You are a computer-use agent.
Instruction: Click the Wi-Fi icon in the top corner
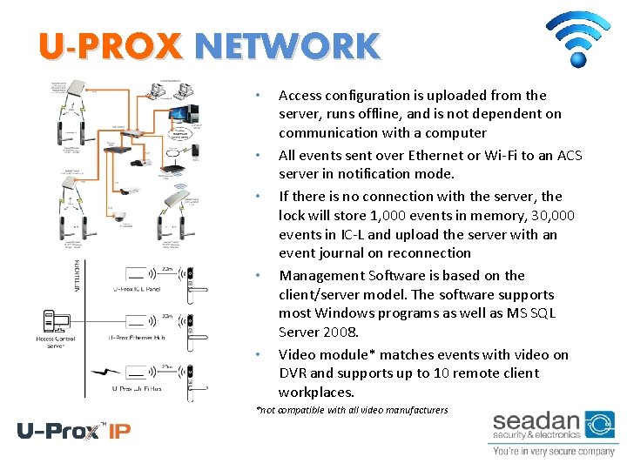(x=576, y=39)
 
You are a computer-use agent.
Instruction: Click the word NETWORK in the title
(x=287, y=46)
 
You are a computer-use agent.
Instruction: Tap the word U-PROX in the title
(x=110, y=46)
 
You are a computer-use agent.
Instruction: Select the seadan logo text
(x=536, y=423)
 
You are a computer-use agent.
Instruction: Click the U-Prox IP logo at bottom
(x=74, y=431)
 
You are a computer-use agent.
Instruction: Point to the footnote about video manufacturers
(x=352, y=410)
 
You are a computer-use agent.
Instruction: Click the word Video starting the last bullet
(x=296, y=354)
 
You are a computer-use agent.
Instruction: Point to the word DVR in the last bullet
(x=293, y=373)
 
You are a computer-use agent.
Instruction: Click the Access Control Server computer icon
(x=56, y=323)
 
